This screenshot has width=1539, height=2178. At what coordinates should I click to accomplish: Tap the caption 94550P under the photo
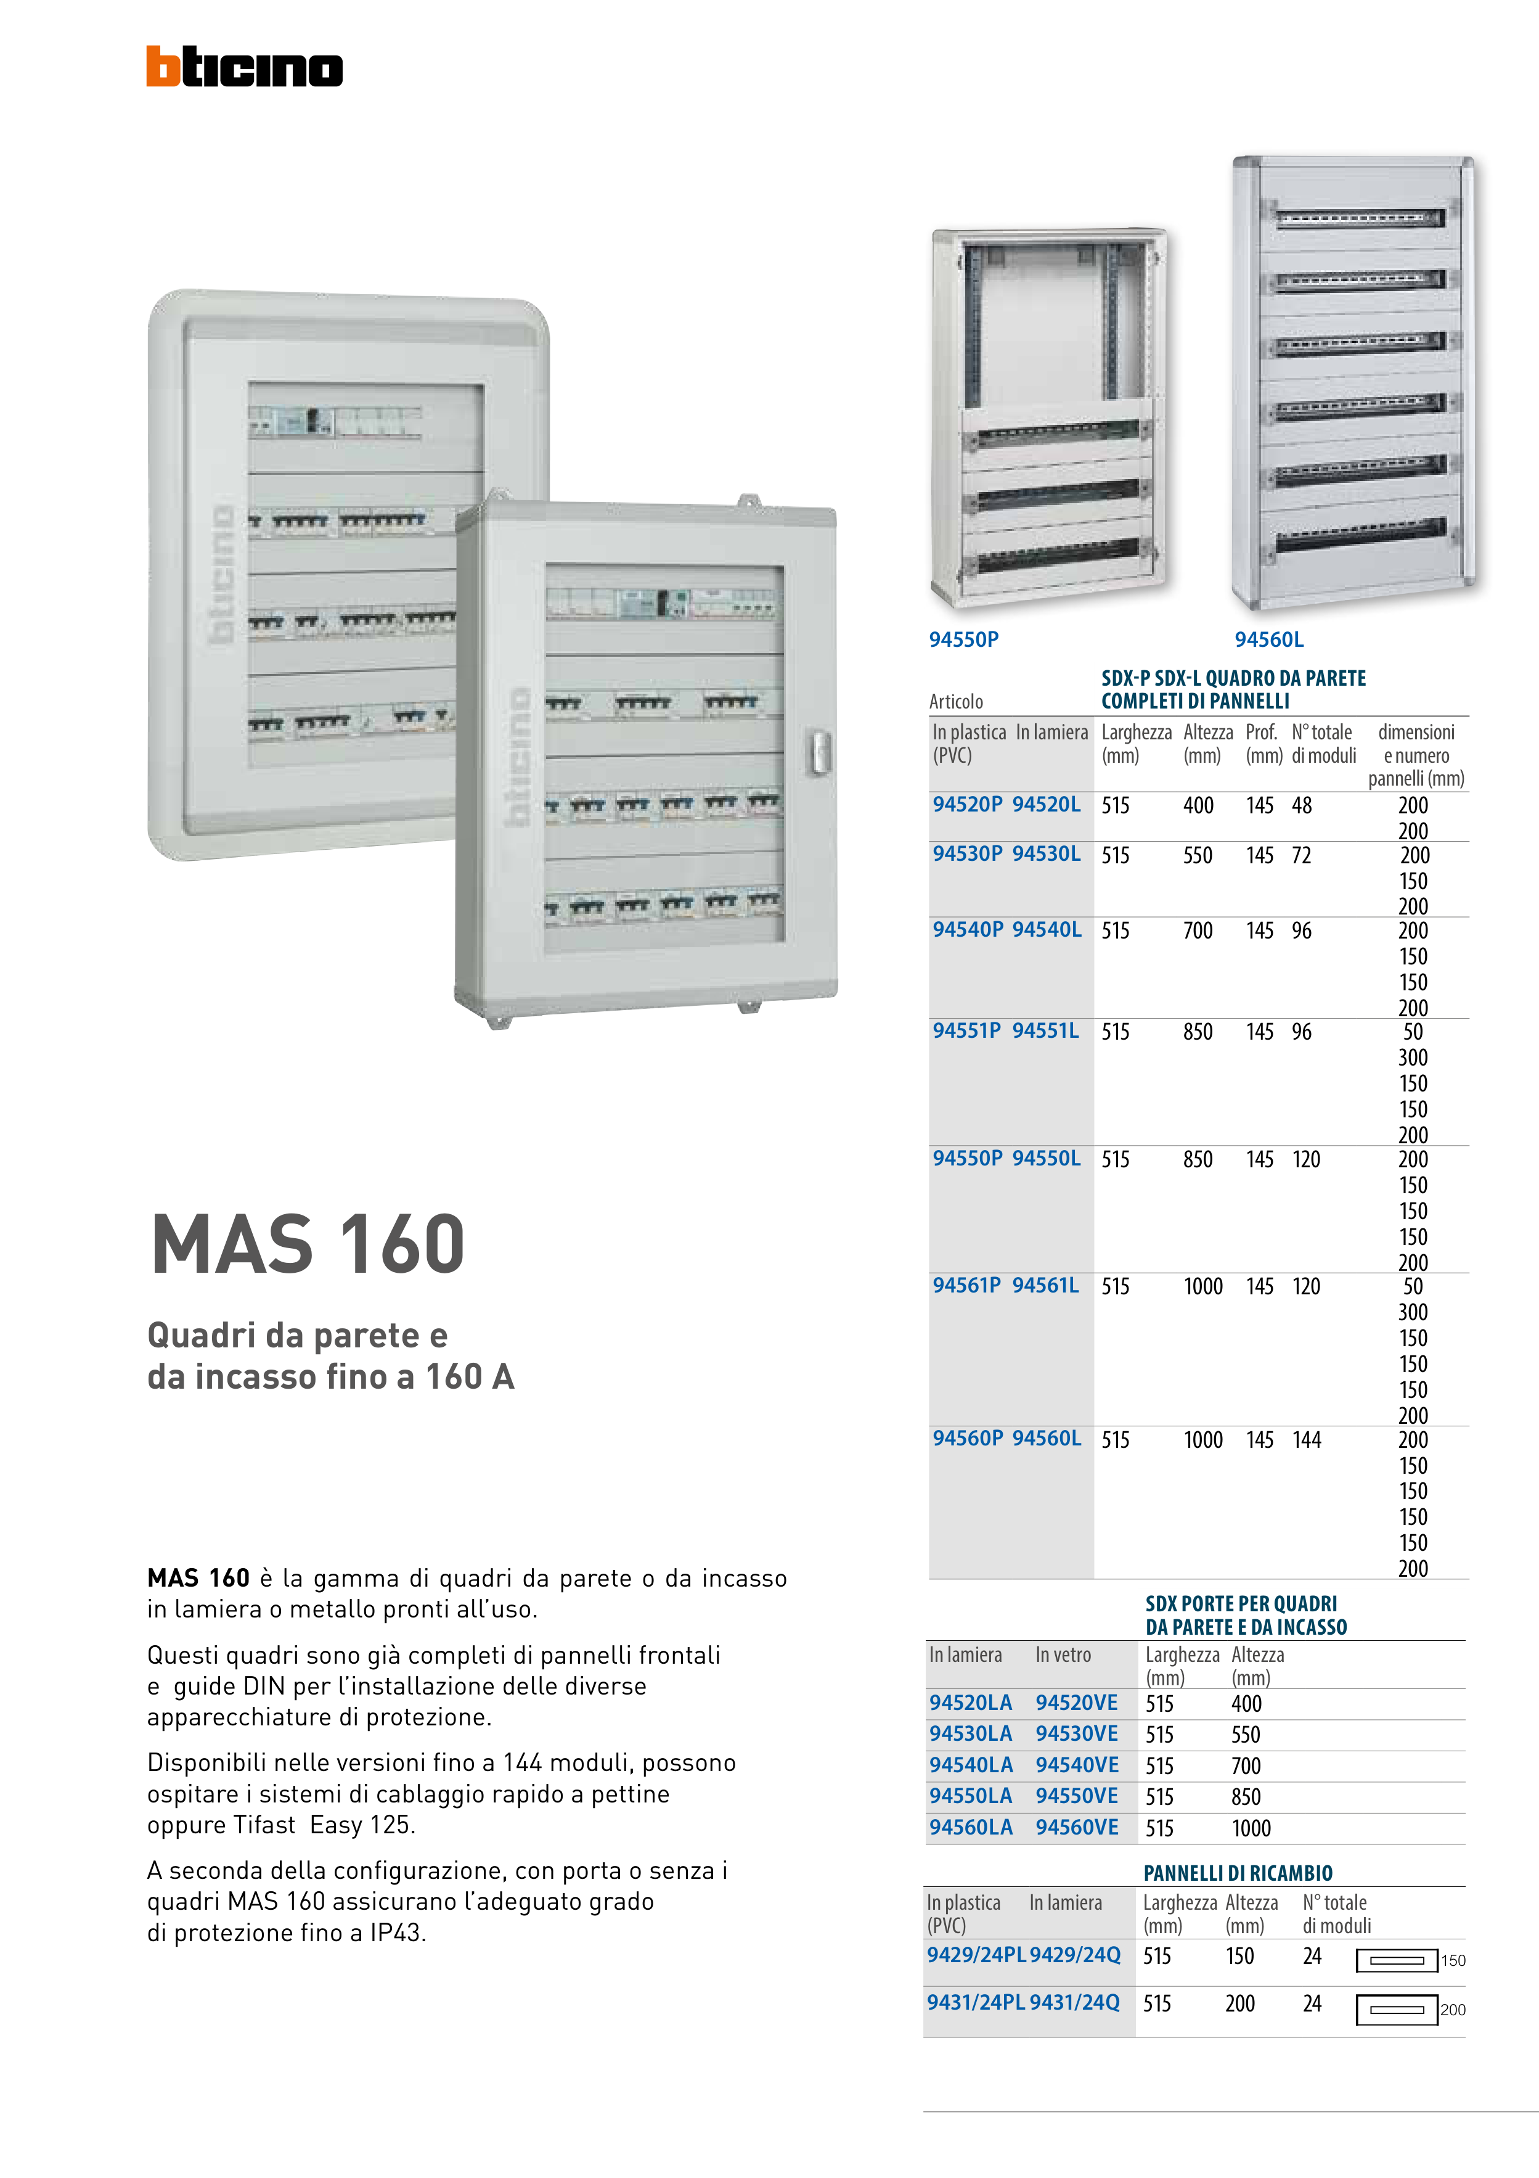(x=963, y=639)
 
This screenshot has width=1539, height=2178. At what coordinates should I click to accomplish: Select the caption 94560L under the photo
(x=1269, y=639)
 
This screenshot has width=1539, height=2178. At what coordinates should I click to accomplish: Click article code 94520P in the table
(x=967, y=805)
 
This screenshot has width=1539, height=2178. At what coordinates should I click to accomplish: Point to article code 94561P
(x=966, y=1285)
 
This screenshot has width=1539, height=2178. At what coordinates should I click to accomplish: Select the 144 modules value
(x=1306, y=1440)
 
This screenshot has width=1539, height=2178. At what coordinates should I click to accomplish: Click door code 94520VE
(x=1076, y=1703)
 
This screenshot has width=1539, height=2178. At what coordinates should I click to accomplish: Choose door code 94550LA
(x=970, y=1796)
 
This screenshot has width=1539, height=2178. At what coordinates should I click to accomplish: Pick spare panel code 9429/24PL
(x=976, y=1955)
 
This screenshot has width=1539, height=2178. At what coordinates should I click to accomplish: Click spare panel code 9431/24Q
(x=1074, y=2002)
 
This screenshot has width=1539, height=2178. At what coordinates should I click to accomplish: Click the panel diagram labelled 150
(x=1397, y=1960)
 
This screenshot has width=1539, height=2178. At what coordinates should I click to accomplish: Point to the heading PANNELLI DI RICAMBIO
(x=1238, y=1873)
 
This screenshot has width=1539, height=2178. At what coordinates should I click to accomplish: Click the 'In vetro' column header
(x=1063, y=1654)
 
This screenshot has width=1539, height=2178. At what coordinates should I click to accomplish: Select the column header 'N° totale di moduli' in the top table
(x=1324, y=744)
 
